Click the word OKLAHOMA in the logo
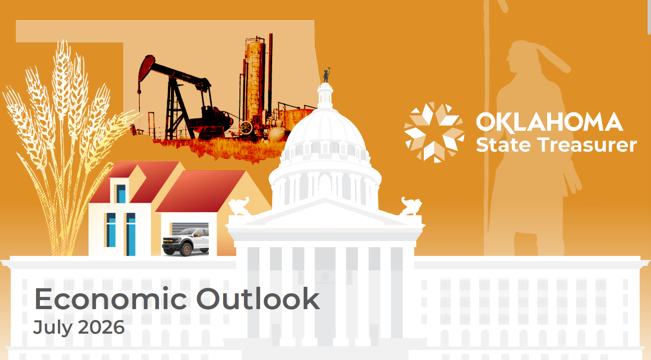(549, 122)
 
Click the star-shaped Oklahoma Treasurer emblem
(434, 132)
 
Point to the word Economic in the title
(111, 299)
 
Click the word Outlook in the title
(258, 299)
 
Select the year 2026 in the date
(101, 327)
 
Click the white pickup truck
(185, 242)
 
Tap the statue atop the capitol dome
(326, 75)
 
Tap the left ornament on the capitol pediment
(238, 206)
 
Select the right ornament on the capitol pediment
(411, 206)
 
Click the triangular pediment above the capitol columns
(325, 215)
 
